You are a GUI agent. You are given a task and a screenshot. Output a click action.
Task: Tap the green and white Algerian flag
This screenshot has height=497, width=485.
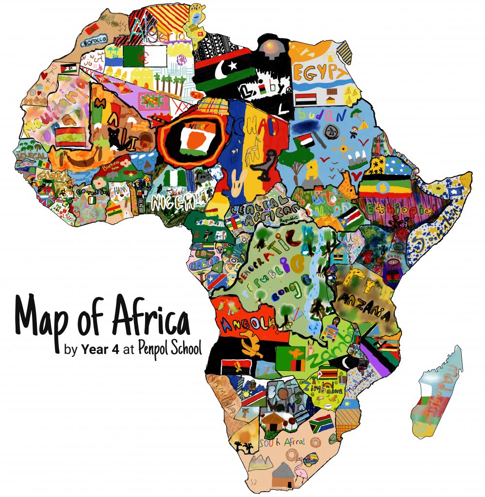tap(145, 57)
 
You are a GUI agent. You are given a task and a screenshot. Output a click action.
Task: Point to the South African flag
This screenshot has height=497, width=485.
tap(320, 423)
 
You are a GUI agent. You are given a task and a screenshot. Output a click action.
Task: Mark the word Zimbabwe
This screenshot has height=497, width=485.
tap(322, 387)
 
